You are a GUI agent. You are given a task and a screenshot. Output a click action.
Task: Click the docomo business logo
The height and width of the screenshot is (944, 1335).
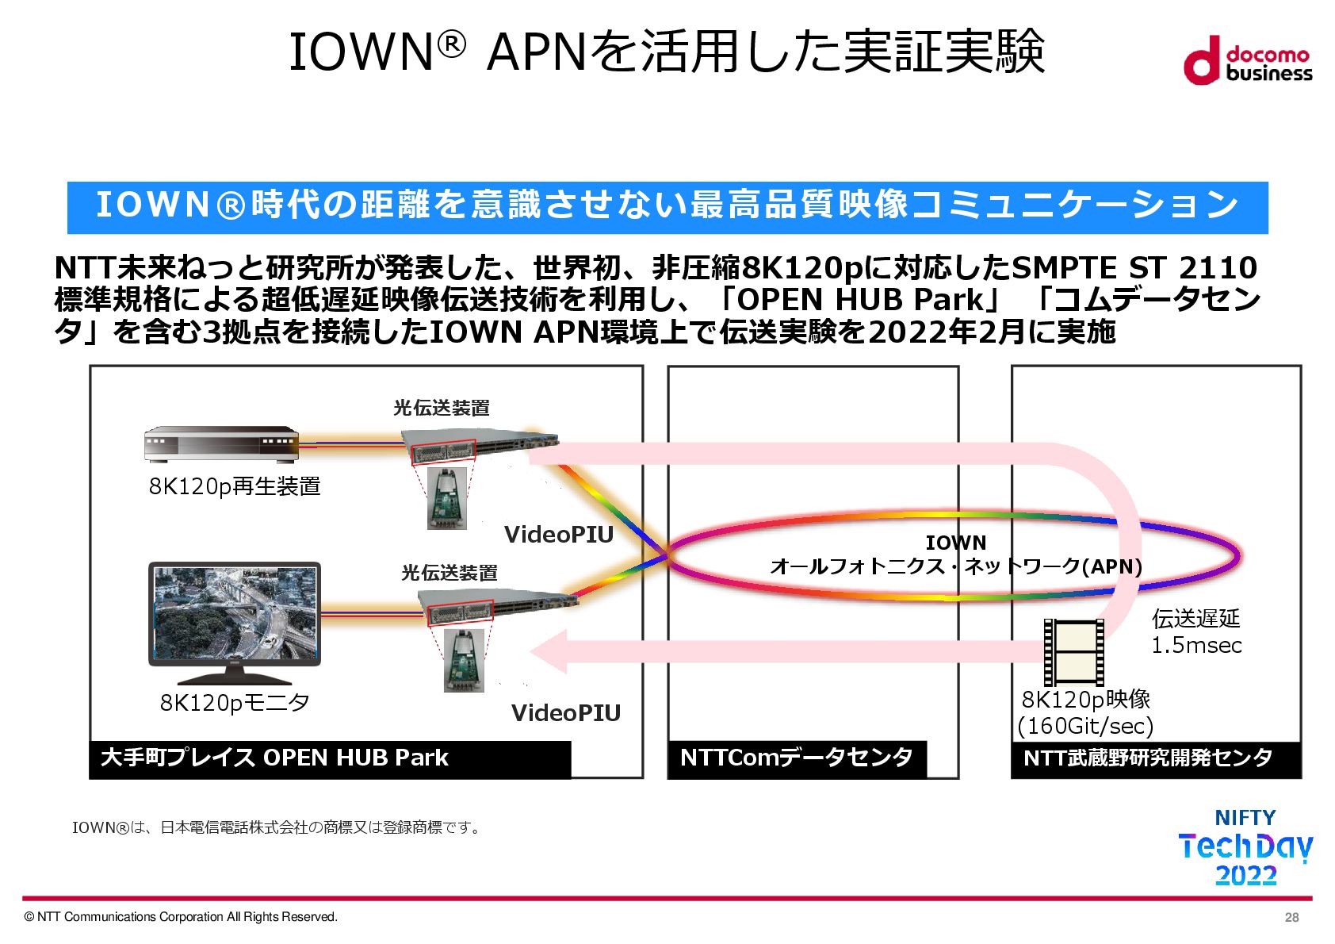point(1247,60)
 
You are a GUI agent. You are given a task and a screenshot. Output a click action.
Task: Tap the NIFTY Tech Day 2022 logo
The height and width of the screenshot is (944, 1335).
point(1245,847)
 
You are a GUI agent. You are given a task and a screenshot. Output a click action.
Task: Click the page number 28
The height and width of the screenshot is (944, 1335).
point(1291,917)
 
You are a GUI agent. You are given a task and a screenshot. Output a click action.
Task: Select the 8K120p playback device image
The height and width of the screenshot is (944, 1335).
point(221,444)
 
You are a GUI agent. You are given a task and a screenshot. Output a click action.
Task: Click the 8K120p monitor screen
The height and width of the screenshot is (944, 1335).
point(235,613)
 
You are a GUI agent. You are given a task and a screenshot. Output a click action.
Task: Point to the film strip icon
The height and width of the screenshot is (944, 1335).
point(1073,652)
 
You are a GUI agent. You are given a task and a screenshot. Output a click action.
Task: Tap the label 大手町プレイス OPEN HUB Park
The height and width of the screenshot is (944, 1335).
point(274,758)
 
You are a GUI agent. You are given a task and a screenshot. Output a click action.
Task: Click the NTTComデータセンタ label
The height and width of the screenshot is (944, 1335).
point(796,758)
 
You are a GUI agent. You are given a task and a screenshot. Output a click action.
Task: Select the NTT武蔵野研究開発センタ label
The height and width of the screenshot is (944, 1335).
point(1147,758)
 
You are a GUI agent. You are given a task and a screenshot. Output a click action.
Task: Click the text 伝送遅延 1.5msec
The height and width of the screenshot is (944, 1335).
point(1195,631)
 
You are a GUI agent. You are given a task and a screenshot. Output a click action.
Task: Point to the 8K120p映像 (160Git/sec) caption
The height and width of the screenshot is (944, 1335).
point(1085,712)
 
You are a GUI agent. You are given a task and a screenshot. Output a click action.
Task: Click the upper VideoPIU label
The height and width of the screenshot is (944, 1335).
point(559,535)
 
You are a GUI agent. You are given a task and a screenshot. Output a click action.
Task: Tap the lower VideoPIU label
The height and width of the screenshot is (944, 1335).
point(565,712)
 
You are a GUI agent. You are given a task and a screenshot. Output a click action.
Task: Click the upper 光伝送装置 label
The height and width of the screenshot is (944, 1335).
point(442,408)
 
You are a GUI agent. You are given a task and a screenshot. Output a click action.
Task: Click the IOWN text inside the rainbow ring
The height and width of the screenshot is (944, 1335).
point(955,543)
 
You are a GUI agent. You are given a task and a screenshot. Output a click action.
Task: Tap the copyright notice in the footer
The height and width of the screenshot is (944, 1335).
point(181,917)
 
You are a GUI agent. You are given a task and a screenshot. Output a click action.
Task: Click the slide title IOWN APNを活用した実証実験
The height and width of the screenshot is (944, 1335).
point(667,52)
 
